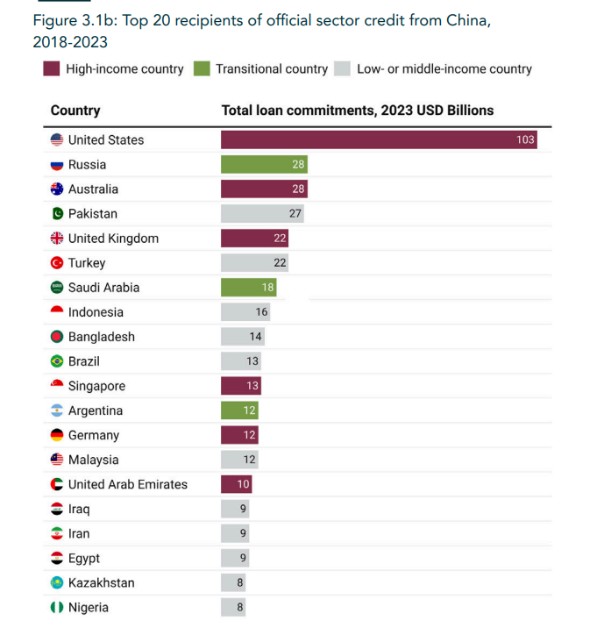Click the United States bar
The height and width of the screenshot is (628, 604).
point(378,140)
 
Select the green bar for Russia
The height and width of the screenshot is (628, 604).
point(264,165)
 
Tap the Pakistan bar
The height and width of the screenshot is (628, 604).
point(263,214)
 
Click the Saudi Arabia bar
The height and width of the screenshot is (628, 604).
point(248,288)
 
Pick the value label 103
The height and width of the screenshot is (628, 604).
point(525,140)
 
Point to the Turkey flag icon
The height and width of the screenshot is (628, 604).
point(57,263)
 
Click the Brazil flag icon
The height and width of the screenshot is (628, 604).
point(57,361)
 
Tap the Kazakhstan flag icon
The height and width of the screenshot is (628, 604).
point(57,582)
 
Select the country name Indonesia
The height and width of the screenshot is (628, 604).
point(96,312)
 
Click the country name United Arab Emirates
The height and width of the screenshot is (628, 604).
point(127,484)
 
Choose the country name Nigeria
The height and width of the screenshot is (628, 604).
point(89,607)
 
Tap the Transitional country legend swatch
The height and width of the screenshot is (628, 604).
point(202,68)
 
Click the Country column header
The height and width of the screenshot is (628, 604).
point(75,111)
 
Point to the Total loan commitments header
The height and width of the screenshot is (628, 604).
point(357,111)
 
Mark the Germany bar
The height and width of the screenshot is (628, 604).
point(240,435)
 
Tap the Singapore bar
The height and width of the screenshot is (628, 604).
point(240,386)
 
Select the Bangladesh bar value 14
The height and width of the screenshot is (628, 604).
point(255,337)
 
